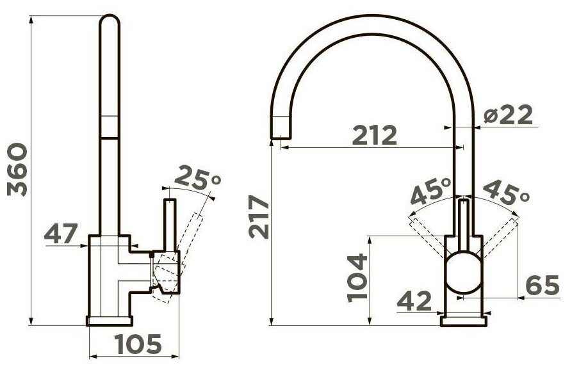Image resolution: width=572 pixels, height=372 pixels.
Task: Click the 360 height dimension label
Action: (17, 170)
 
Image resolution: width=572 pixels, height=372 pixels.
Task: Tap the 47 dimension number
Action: (61, 234)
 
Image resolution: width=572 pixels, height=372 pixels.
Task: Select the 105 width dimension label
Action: (138, 344)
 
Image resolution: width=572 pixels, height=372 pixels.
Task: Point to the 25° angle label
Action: (198, 179)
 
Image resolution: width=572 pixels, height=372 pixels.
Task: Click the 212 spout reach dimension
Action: (375, 135)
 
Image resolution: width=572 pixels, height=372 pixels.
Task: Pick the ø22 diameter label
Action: (508, 115)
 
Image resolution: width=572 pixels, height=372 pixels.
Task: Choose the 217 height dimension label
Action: (259, 217)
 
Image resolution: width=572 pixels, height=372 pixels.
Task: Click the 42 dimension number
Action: (414, 301)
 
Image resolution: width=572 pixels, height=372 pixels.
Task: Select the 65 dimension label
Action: (543, 285)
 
